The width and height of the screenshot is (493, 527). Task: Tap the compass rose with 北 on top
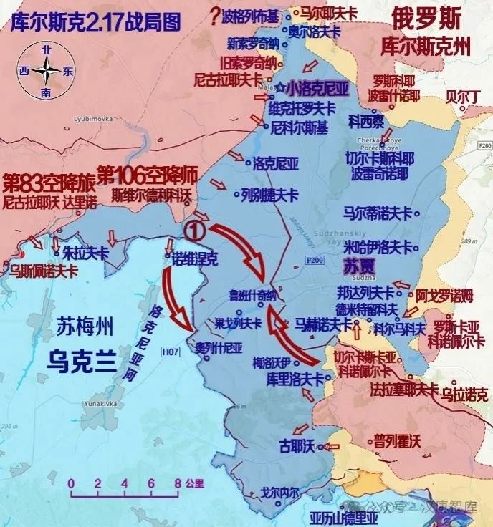coord(47,71)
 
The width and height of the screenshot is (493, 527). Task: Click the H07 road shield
coord(170,352)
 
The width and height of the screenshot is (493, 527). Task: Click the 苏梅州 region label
coord(85,330)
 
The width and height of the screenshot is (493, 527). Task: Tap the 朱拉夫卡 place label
coord(85,253)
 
